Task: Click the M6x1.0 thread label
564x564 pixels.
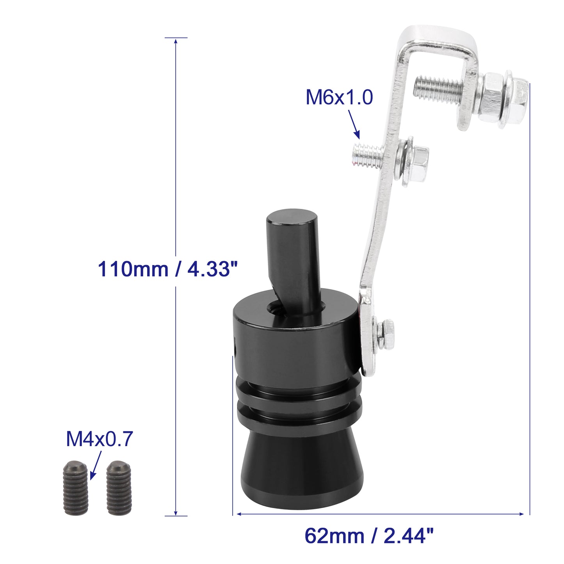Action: (x=339, y=98)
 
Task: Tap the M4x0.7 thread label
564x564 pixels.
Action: (x=100, y=439)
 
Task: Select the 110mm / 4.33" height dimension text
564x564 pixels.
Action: (x=167, y=269)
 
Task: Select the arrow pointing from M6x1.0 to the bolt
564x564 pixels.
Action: (x=354, y=125)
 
